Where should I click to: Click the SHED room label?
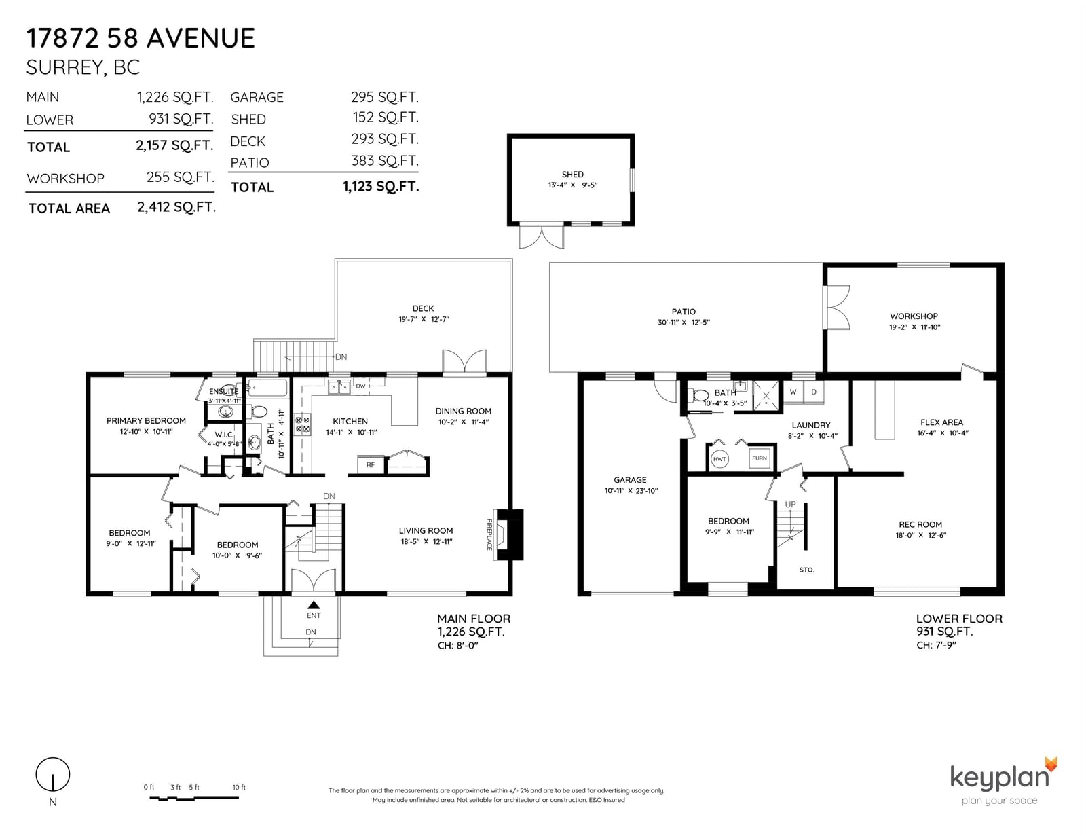pyautogui.click(x=572, y=175)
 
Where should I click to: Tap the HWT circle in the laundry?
pyautogui.click(x=719, y=459)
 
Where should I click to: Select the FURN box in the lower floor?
pyautogui.click(x=759, y=458)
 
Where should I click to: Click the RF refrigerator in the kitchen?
pyautogui.click(x=371, y=464)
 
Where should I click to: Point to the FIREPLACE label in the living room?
pyautogui.click(x=489, y=534)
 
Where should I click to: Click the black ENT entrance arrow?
pyautogui.click(x=314, y=604)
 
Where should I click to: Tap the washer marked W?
pyautogui.click(x=793, y=392)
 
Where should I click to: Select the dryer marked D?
pyautogui.click(x=814, y=392)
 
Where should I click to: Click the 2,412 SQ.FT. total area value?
pyautogui.click(x=176, y=207)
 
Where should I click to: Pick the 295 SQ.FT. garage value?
pyautogui.click(x=385, y=96)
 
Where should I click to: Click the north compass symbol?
pyautogui.click(x=52, y=775)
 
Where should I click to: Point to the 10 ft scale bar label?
pyautogui.click(x=239, y=787)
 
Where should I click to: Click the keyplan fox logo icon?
pyautogui.click(x=1051, y=764)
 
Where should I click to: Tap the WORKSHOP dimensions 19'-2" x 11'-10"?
pyautogui.click(x=914, y=327)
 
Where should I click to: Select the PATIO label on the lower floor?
pyautogui.click(x=684, y=312)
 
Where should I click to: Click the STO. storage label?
pyautogui.click(x=806, y=570)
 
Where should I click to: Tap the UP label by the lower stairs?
pyautogui.click(x=790, y=504)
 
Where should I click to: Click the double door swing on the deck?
pyautogui.click(x=464, y=361)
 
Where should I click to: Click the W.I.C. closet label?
pyautogui.click(x=224, y=435)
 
